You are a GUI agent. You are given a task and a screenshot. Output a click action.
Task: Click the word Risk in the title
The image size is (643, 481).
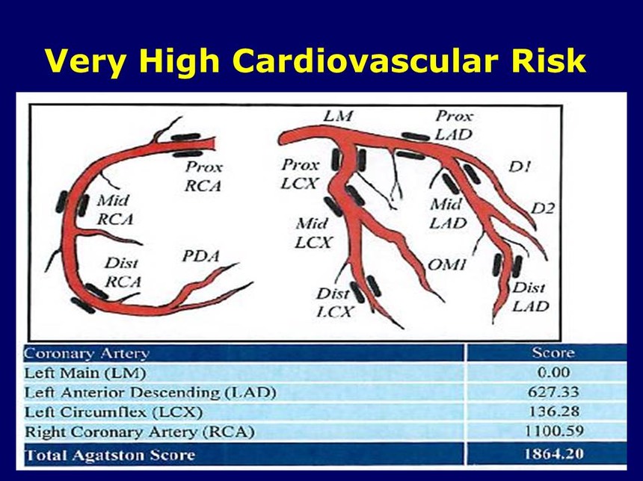[x=548, y=61]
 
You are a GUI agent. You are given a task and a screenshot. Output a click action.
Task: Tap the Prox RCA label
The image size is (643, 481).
[x=203, y=176]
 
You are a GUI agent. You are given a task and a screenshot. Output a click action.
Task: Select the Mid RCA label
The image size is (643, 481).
[x=115, y=210]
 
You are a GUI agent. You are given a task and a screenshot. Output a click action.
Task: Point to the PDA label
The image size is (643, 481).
[x=200, y=256]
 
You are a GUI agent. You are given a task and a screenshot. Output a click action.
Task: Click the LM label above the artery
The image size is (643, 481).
[x=338, y=116]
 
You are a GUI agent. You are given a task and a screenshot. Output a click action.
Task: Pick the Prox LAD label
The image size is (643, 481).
[x=454, y=125]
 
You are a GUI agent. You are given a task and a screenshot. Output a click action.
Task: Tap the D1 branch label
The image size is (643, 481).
[x=520, y=167]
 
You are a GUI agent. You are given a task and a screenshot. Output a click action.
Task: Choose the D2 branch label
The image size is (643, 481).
[x=543, y=208]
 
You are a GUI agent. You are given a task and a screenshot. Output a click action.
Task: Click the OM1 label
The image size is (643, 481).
[x=446, y=265]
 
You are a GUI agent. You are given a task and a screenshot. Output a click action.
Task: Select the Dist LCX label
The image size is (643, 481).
[x=333, y=302]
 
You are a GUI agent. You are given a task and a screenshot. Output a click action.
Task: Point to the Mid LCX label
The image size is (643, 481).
[x=313, y=234]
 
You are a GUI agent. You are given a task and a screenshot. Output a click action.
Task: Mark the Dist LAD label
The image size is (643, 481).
[x=530, y=297]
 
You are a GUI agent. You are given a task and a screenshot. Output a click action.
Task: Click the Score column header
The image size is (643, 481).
[x=553, y=353]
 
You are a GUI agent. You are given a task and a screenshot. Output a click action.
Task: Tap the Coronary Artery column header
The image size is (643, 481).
[x=86, y=353]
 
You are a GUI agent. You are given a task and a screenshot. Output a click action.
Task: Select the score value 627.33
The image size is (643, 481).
[x=553, y=392]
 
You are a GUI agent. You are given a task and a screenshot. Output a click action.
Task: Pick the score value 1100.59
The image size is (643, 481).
[x=553, y=431]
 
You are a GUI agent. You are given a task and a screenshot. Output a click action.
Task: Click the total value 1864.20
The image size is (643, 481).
[x=553, y=454]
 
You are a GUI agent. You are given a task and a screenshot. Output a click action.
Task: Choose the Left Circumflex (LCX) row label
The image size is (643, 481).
[x=114, y=412]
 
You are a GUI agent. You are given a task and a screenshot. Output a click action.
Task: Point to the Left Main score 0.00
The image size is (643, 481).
[x=553, y=373]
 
